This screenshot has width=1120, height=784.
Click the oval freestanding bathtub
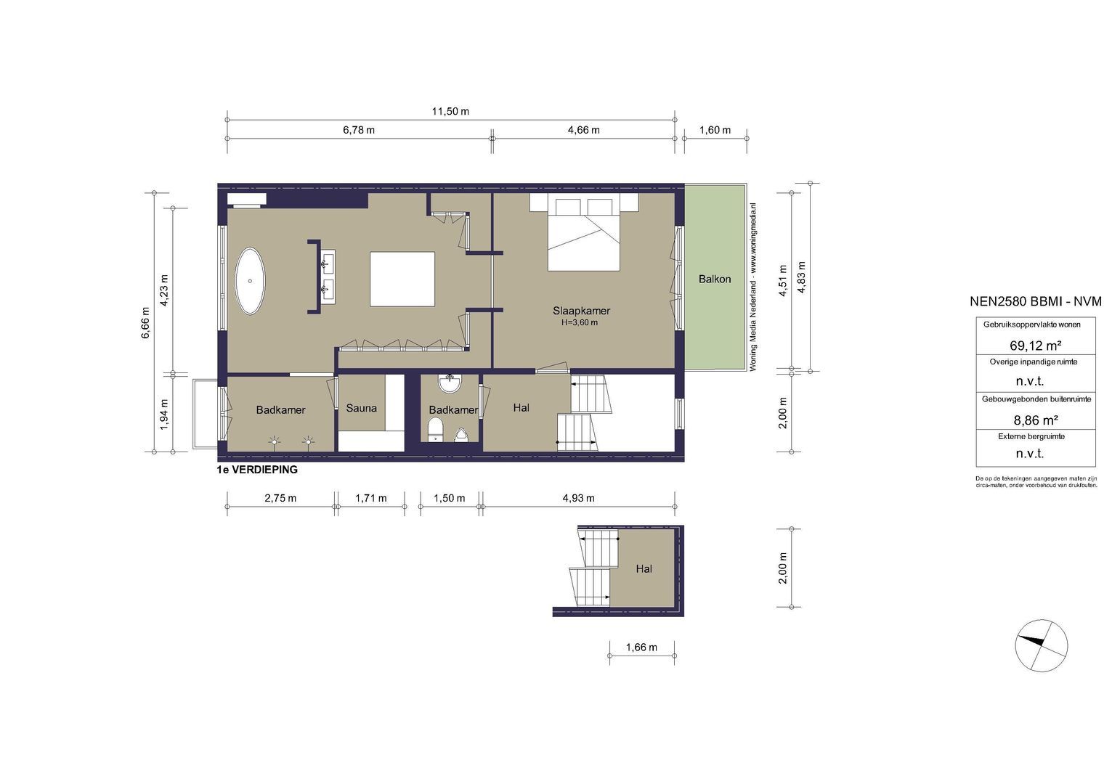(250, 281)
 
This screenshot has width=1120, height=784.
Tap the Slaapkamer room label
(581, 311)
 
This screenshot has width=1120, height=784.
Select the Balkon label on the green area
(715, 279)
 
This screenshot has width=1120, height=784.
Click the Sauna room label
(361, 408)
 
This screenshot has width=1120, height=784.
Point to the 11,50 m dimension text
(450, 111)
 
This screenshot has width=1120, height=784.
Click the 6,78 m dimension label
(359, 130)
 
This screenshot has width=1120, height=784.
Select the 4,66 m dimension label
(583, 130)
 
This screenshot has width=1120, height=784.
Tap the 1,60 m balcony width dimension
(715, 130)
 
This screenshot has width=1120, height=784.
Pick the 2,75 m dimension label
(280, 498)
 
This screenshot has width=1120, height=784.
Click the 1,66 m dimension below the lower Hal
(641, 648)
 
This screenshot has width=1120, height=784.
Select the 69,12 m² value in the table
(1035, 345)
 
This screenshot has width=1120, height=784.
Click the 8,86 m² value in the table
(1035, 419)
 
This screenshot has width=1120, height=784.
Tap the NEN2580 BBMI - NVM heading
(1035, 301)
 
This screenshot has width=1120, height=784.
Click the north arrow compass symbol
(1042, 646)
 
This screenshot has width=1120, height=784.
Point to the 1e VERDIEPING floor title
(257, 470)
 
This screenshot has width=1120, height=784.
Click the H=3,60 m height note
(580, 322)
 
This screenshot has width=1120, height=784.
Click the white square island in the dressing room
(402, 279)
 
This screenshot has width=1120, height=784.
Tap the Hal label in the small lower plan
(644, 568)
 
